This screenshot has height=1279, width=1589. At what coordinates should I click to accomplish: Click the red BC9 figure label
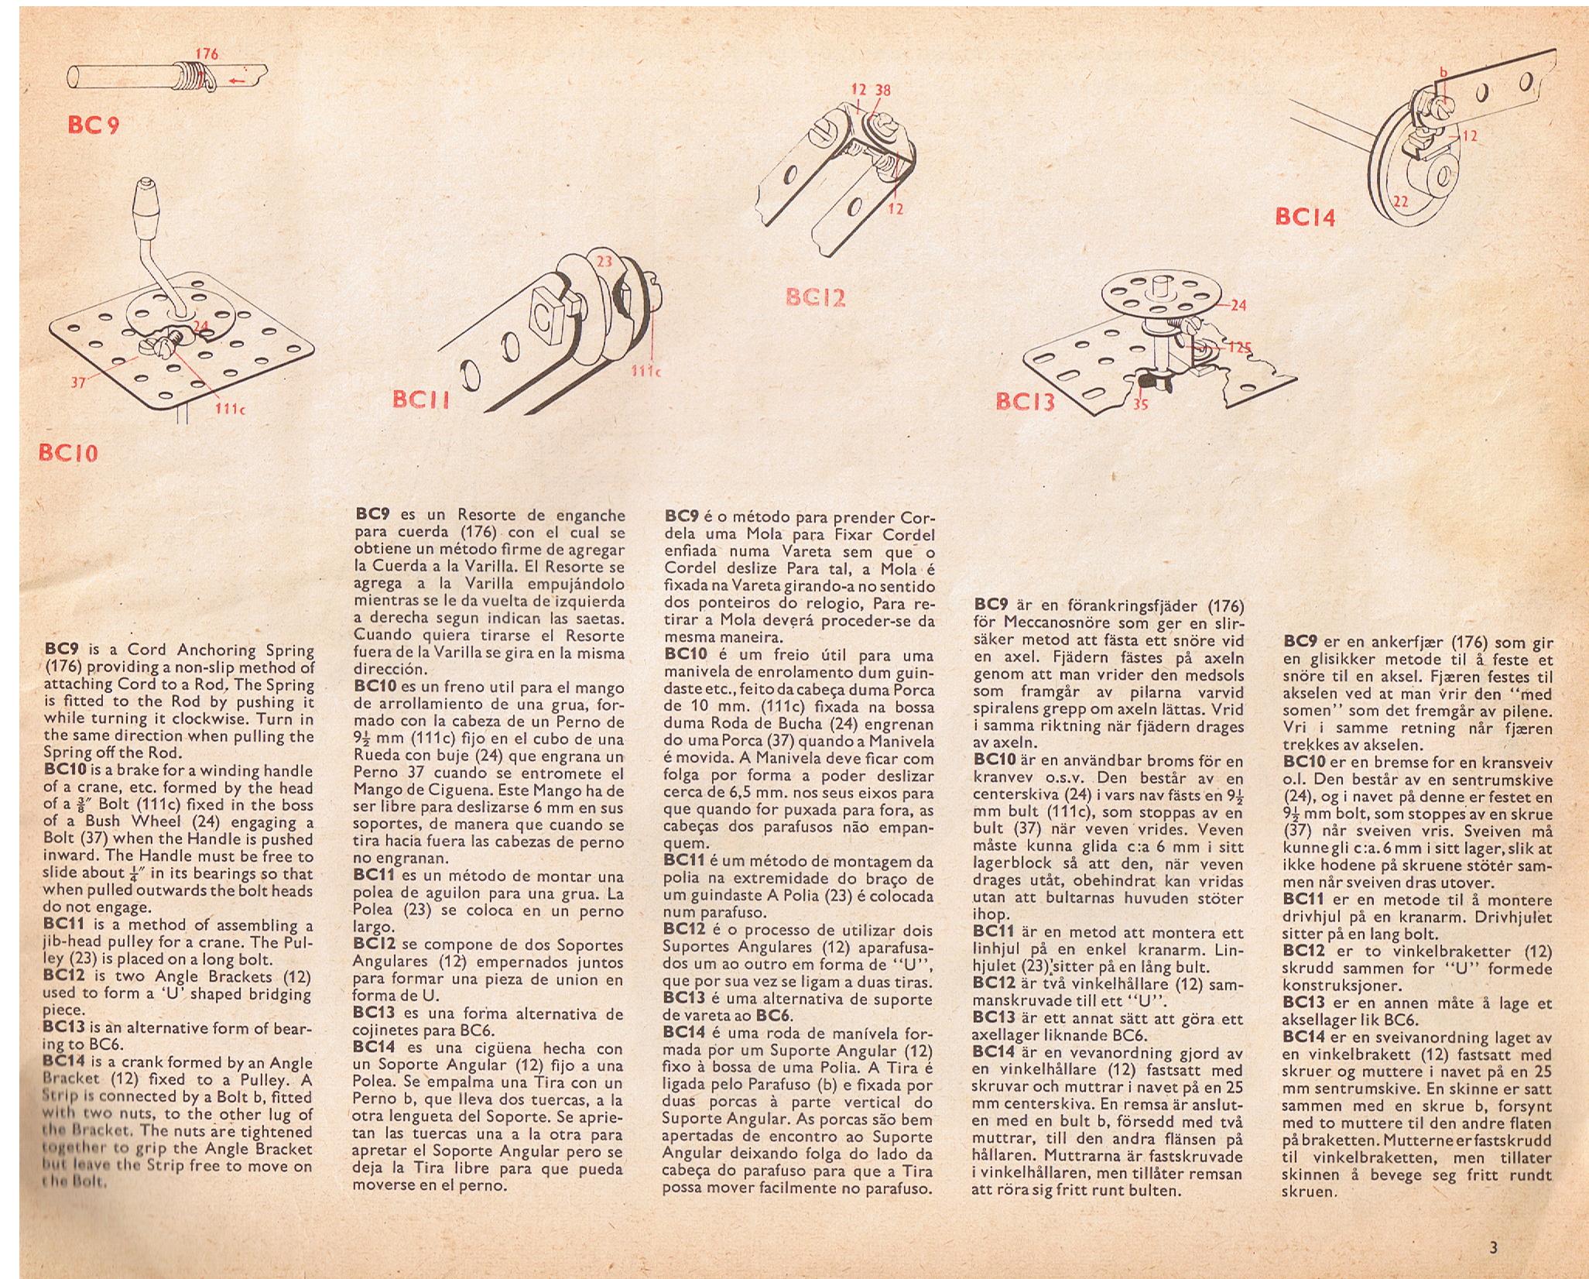click(x=93, y=125)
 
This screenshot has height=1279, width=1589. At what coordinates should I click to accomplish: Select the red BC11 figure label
click(x=420, y=400)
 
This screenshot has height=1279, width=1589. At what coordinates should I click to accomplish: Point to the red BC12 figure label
click(x=815, y=297)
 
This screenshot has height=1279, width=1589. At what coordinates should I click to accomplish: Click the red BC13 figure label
click(x=1025, y=402)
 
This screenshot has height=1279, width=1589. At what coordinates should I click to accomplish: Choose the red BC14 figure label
click(x=1305, y=218)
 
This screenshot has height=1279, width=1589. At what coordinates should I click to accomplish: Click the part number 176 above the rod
click(x=206, y=53)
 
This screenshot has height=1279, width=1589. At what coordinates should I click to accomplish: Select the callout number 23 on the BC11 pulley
click(x=604, y=262)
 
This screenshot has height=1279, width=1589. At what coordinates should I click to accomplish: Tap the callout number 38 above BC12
click(x=882, y=90)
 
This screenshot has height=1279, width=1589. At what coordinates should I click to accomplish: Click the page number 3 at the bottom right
click(x=1493, y=1247)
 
